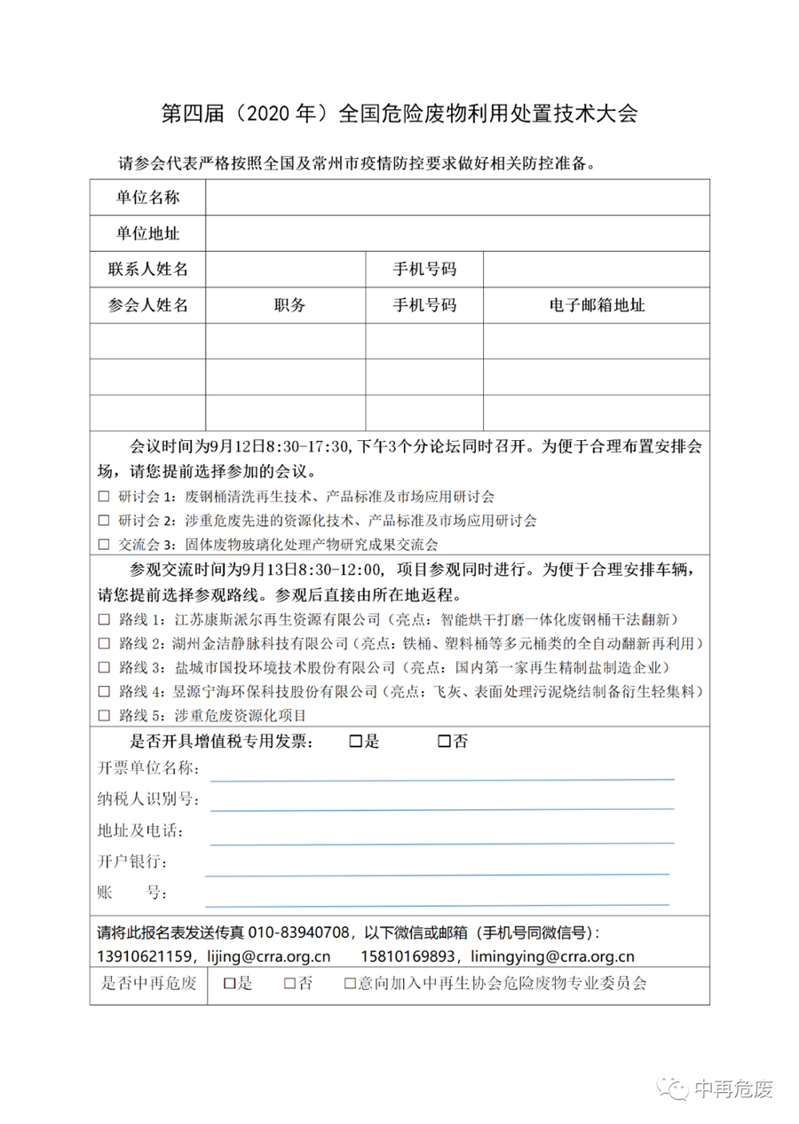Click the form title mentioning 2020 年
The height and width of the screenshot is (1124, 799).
click(399, 114)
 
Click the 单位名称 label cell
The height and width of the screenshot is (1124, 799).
click(147, 197)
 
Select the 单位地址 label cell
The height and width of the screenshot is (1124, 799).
click(147, 233)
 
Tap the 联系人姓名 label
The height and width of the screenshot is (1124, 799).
click(147, 269)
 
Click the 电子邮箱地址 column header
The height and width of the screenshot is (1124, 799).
click(597, 305)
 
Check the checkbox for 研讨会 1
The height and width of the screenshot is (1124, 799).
click(104, 497)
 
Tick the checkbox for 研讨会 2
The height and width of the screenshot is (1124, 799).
click(104, 520)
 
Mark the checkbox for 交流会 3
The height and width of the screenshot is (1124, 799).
click(104, 544)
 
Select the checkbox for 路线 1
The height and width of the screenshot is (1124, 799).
click(104, 618)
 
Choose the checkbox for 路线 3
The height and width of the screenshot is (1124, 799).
click(104, 666)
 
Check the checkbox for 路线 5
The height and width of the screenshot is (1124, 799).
click(104, 714)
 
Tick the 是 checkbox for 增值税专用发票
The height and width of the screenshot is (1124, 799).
click(357, 742)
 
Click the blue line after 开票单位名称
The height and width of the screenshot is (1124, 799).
click(441, 779)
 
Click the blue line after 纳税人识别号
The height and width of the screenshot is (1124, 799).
click(441, 809)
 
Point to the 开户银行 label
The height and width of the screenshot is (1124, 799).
click(132, 862)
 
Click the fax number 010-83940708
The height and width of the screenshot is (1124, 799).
click(297, 933)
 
